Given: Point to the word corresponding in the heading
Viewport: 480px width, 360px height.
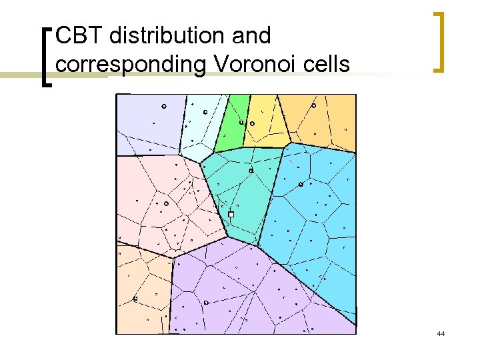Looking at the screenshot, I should (x=130, y=65).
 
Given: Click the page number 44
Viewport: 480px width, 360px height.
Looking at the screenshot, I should (x=440, y=333).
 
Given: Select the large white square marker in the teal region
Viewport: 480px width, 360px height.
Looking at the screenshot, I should (x=231, y=215).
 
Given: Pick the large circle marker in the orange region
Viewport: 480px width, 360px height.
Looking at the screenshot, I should (x=314, y=105).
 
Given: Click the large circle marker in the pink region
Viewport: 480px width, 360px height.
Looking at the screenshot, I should (x=166, y=203).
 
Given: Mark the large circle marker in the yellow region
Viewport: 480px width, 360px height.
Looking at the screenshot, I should (x=252, y=123).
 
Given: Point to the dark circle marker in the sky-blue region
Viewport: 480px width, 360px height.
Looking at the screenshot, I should (x=301, y=184).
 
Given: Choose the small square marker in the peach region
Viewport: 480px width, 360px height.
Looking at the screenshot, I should (x=135, y=299).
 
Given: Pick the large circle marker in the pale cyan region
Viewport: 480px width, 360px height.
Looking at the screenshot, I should (x=205, y=112).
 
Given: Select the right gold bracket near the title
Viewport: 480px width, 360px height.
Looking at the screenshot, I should (x=438, y=41).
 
